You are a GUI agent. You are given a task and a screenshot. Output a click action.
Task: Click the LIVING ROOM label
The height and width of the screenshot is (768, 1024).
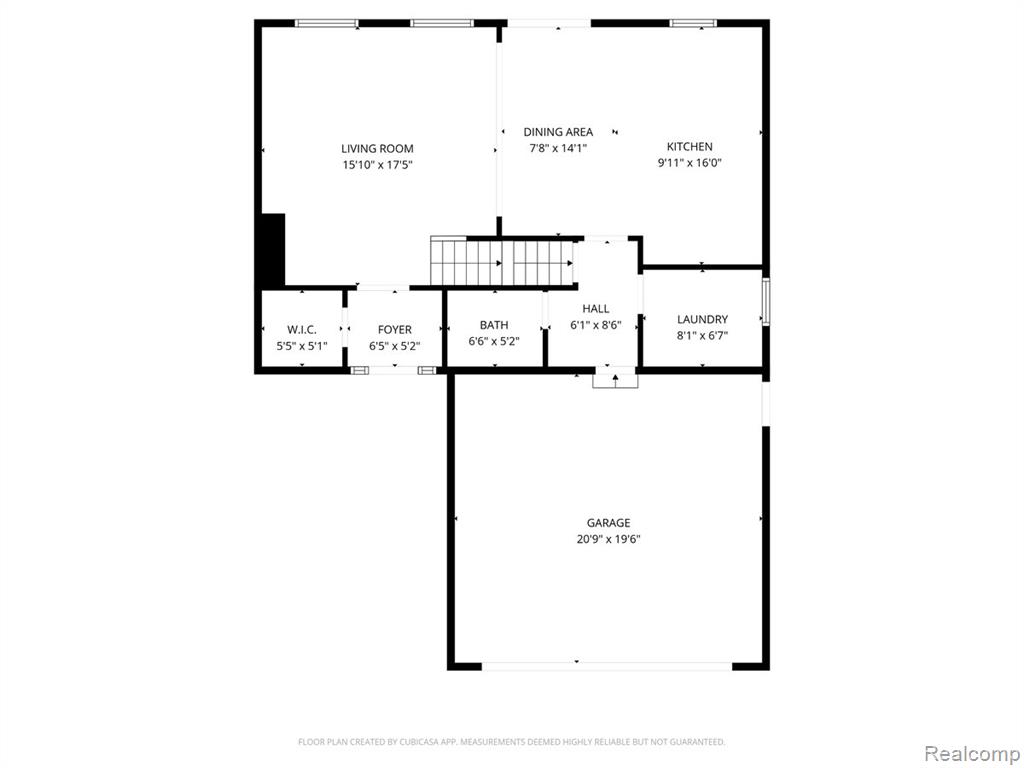[x=377, y=149]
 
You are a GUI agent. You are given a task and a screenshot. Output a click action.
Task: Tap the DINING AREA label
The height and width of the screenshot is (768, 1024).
[x=558, y=132]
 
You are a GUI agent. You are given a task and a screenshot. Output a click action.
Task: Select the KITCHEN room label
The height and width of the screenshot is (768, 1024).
[x=689, y=146]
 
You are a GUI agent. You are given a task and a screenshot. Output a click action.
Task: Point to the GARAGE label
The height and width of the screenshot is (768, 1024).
[x=608, y=522]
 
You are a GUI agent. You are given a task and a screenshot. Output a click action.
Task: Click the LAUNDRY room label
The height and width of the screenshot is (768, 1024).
[x=702, y=319]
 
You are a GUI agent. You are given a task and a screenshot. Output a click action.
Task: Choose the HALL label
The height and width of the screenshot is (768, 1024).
[x=596, y=309]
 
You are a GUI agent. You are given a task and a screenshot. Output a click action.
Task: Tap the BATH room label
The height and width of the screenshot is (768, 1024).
[x=494, y=325]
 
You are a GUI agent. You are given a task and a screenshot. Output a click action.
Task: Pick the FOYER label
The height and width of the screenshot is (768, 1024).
[x=394, y=330]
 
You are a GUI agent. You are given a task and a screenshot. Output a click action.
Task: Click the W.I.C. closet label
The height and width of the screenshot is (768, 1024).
[x=302, y=330]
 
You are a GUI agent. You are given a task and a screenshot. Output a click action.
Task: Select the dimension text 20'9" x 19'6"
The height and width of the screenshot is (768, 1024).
[x=608, y=539]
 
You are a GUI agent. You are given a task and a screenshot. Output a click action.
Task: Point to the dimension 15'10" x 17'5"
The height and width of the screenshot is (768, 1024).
[x=377, y=165]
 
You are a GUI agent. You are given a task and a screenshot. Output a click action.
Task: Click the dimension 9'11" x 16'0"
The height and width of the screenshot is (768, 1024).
[x=689, y=163]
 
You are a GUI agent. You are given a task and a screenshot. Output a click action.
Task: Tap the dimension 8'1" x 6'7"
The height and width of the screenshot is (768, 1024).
[x=702, y=336]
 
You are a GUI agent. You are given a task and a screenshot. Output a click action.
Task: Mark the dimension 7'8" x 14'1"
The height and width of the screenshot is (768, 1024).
[x=558, y=148]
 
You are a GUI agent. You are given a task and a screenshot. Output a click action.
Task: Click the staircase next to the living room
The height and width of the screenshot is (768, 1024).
[x=502, y=262]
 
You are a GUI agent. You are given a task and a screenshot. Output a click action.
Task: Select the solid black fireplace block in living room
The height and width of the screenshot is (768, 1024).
[x=273, y=250]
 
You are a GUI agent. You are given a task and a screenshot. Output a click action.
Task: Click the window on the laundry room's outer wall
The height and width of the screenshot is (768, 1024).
[x=766, y=301]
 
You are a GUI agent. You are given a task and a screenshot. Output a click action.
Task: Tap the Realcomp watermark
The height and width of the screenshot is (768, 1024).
[x=972, y=754]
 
